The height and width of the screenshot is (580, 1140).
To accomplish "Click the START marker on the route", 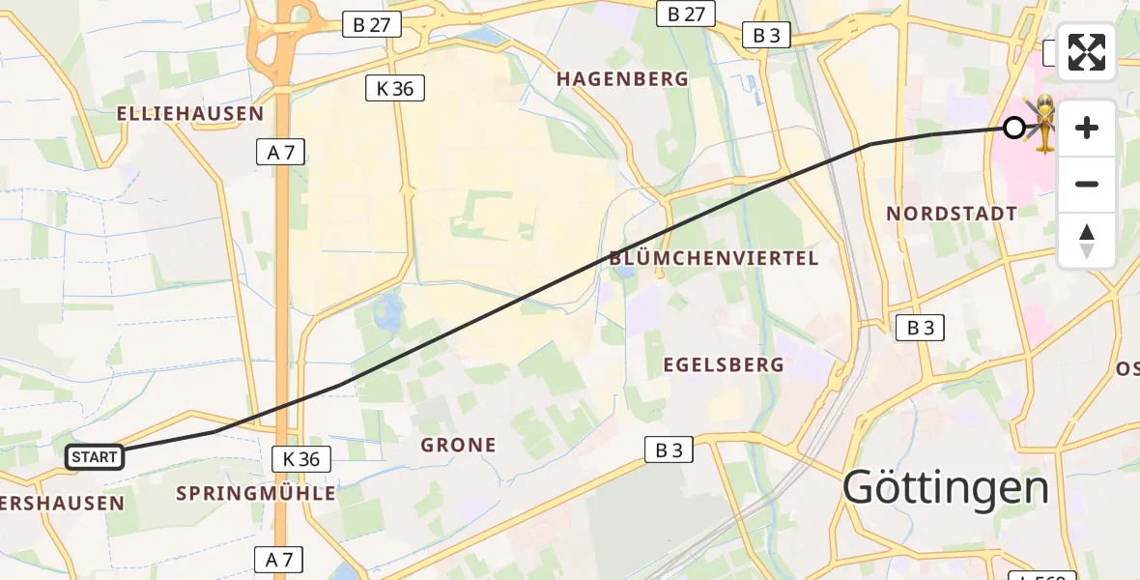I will [x=95, y=457].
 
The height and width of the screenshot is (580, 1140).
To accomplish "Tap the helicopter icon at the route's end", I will [x=1043, y=123].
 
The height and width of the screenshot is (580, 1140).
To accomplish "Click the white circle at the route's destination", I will [x=1013, y=128].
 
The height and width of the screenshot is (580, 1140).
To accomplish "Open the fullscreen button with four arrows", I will [x=1087, y=52].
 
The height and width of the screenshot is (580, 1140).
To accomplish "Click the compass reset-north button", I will [x=1087, y=241].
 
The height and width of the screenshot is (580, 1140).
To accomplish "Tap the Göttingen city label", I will [x=946, y=488].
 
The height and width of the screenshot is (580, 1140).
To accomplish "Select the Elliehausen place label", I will [x=190, y=113].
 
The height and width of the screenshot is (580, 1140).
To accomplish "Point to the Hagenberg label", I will [x=623, y=79].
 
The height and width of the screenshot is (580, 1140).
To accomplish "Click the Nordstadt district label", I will [x=952, y=214].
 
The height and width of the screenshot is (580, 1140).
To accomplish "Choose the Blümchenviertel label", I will [x=714, y=258].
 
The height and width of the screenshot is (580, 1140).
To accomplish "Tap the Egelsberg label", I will [x=724, y=364].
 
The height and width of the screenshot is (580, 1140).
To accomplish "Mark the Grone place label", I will [x=459, y=446].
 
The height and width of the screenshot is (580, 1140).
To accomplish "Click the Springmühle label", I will [x=256, y=493].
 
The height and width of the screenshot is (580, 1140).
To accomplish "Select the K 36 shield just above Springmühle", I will [x=301, y=459].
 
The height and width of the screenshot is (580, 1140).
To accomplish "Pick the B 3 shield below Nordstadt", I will [x=920, y=328].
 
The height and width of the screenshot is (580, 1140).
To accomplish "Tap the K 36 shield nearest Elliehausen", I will [x=395, y=89].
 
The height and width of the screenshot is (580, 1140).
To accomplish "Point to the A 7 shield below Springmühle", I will [x=278, y=559].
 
